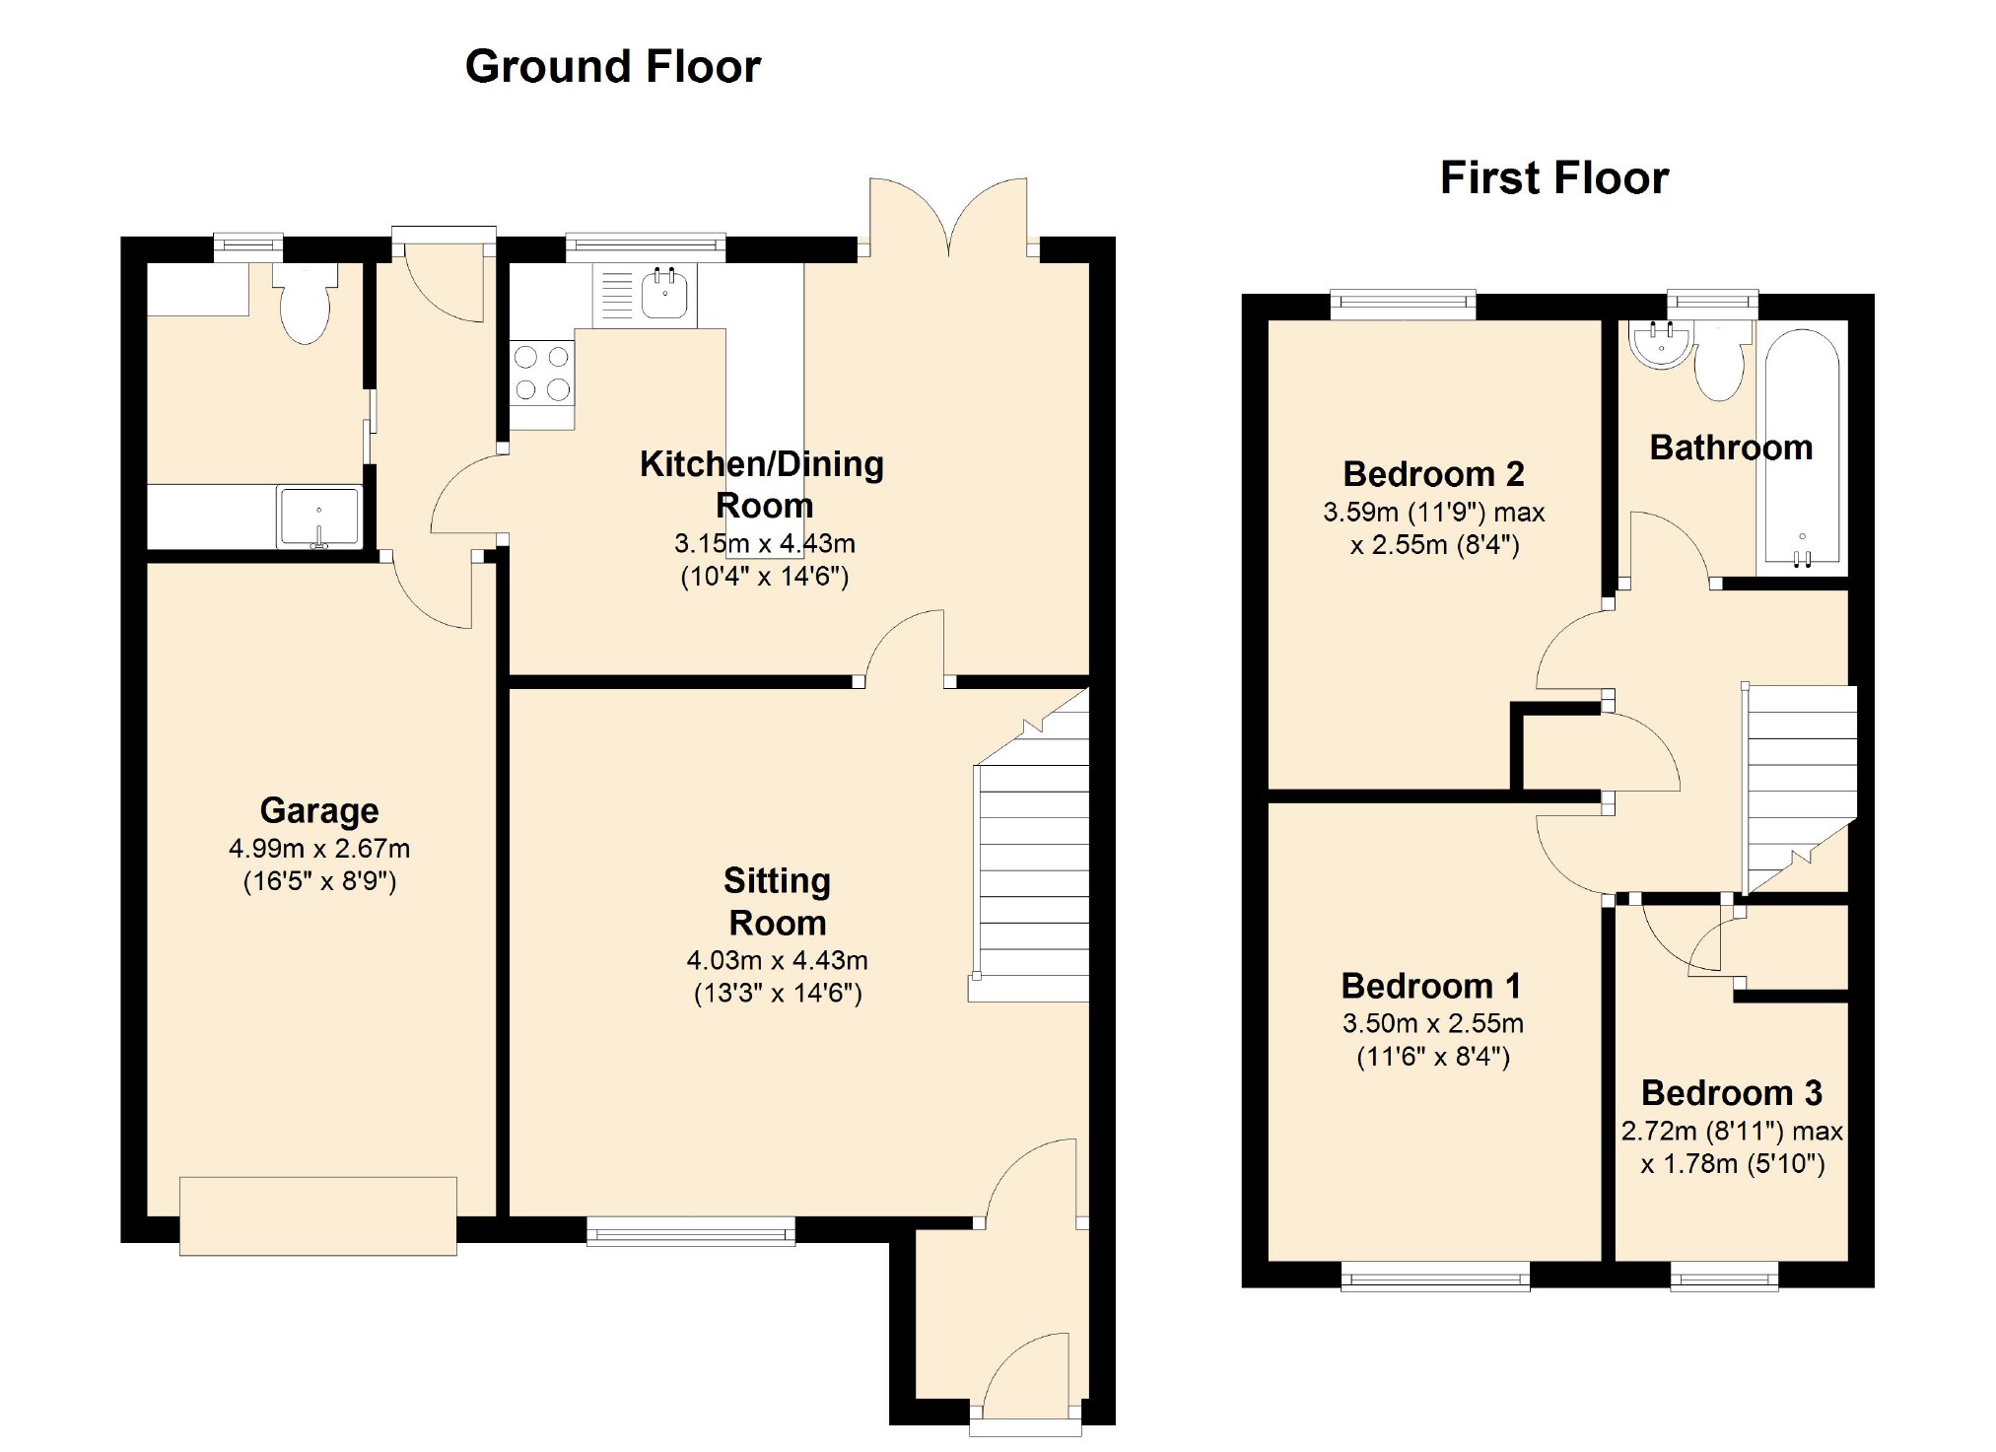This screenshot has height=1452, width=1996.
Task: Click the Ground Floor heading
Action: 612,67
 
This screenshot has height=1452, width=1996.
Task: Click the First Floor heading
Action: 1554,178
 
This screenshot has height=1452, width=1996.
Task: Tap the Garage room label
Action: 319,810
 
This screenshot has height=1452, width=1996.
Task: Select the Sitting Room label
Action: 778,902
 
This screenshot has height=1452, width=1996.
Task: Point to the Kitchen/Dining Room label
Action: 762,484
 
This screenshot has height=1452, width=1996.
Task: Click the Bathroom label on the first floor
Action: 1731,448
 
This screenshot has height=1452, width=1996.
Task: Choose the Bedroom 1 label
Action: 1431,986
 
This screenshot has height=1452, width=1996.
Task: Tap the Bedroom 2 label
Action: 1434,474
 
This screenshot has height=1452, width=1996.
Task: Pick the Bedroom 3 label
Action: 1732,1093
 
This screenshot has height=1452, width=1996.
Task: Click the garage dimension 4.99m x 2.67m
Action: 319,849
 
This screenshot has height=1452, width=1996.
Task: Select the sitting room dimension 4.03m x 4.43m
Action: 778,960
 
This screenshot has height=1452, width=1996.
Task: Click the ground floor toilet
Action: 306,303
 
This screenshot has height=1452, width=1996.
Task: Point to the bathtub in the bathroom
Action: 1802,449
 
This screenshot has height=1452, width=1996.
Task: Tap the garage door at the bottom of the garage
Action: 318,1215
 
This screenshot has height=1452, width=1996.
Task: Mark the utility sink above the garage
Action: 319,517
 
